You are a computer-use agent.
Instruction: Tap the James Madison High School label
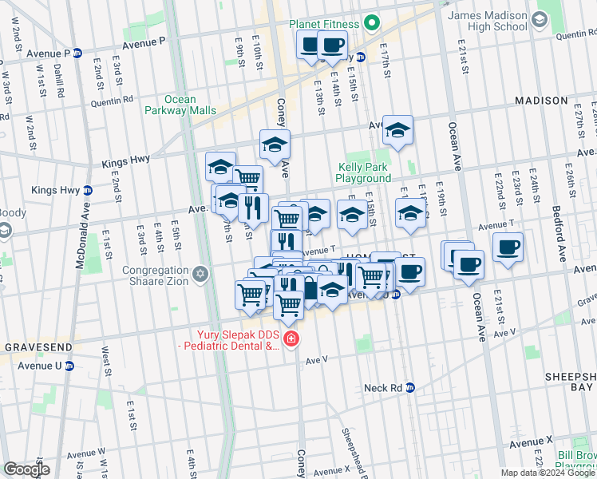click(x=487, y=21)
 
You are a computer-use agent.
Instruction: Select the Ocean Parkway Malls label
click(x=180, y=105)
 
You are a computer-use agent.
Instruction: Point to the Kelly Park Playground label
click(x=363, y=173)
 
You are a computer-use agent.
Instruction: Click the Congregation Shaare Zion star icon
click(x=201, y=274)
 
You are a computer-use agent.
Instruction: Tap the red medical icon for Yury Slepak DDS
click(x=291, y=340)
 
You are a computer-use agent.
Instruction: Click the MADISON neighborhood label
click(x=541, y=101)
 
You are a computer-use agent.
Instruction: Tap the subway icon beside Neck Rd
click(x=410, y=387)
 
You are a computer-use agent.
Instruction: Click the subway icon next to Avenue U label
click(x=69, y=366)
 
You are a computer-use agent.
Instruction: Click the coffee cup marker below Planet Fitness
click(x=332, y=45)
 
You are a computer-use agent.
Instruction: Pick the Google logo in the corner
click(x=26, y=469)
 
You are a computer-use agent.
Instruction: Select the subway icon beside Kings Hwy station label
click(x=87, y=190)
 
